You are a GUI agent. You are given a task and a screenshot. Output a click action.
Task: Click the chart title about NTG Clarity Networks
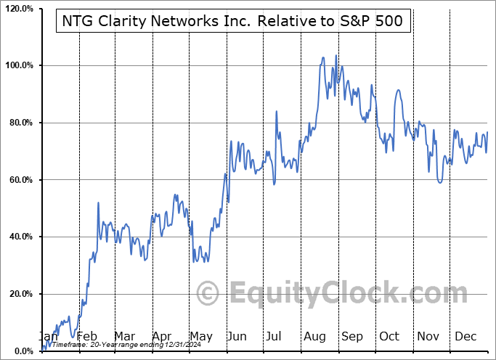point(234,22)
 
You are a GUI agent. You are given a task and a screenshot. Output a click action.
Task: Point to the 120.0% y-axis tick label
point(18,9)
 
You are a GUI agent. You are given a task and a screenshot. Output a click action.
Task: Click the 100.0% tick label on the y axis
point(18,65)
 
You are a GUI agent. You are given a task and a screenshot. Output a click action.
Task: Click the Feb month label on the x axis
point(87,336)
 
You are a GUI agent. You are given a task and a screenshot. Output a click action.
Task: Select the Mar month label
point(125,336)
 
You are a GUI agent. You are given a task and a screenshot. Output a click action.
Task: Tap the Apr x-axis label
point(163,336)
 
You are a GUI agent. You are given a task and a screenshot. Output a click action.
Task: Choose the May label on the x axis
point(200,336)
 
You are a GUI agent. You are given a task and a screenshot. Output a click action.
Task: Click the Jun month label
point(237,336)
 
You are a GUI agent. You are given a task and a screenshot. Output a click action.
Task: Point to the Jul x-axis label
point(275,336)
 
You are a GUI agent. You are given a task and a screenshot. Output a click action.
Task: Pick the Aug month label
point(314,336)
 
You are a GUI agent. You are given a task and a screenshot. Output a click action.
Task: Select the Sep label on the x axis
point(352,336)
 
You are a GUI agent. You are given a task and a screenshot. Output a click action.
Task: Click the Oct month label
point(389,336)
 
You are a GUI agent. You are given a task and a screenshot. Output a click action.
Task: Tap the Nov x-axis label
point(427,336)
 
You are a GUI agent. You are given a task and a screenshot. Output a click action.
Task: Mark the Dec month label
point(465,336)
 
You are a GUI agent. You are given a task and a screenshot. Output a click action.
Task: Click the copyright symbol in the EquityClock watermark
point(208,293)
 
